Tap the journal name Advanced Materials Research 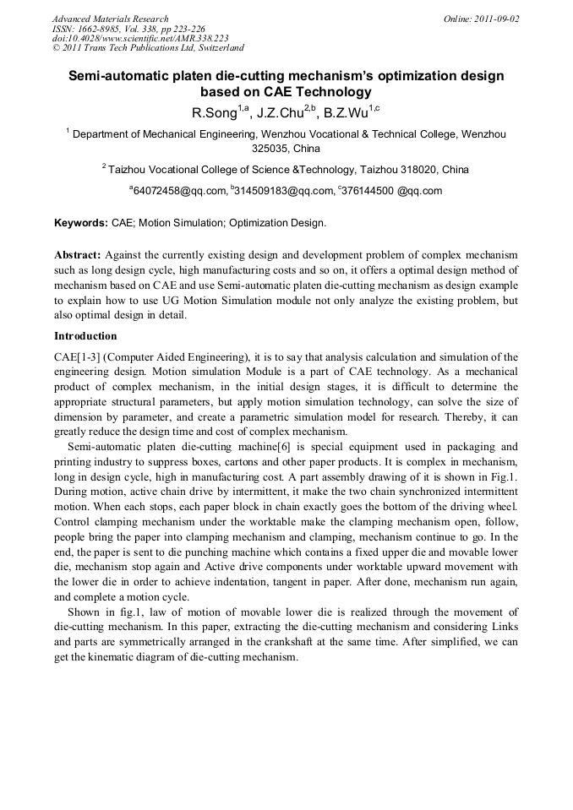[110, 19]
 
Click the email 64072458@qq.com [180, 191]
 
